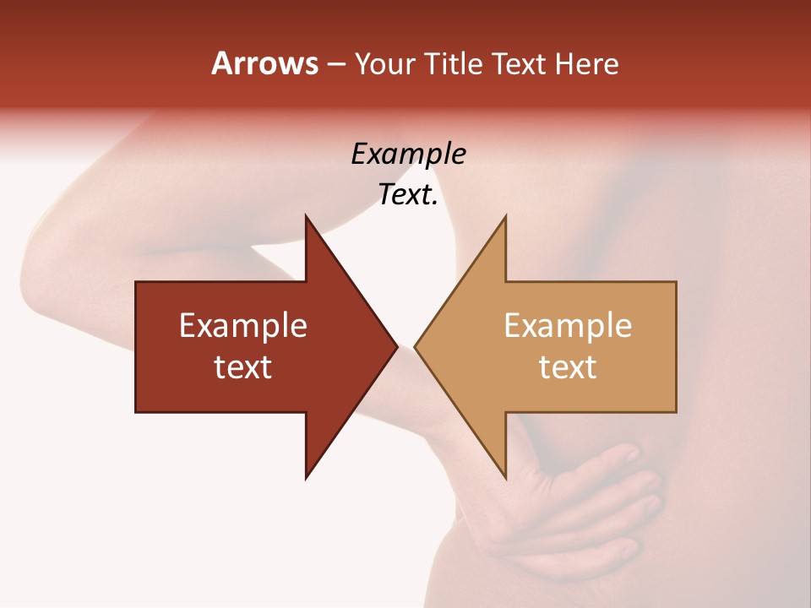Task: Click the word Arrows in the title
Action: click(x=264, y=63)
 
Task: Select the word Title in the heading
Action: click(x=455, y=64)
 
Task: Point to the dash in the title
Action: click(x=335, y=65)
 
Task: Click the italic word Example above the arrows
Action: click(x=408, y=154)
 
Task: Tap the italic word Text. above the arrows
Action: click(x=408, y=195)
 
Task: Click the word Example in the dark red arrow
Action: click(x=243, y=325)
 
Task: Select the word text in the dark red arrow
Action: click(x=243, y=367)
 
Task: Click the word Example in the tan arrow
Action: click(x=568, y=325)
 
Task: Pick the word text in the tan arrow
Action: click(x=568, y=367)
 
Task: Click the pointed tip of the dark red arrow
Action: click(x=395, y=346)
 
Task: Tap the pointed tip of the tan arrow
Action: click(x=416, y=346)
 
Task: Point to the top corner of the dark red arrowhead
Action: click(x=307, y=217)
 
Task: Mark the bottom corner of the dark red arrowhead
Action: click(x=307, y=477)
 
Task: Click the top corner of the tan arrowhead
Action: click(x=505, y=217)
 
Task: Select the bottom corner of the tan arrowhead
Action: click(x=505, y=477)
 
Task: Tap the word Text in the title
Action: click(x=519, y=64)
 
